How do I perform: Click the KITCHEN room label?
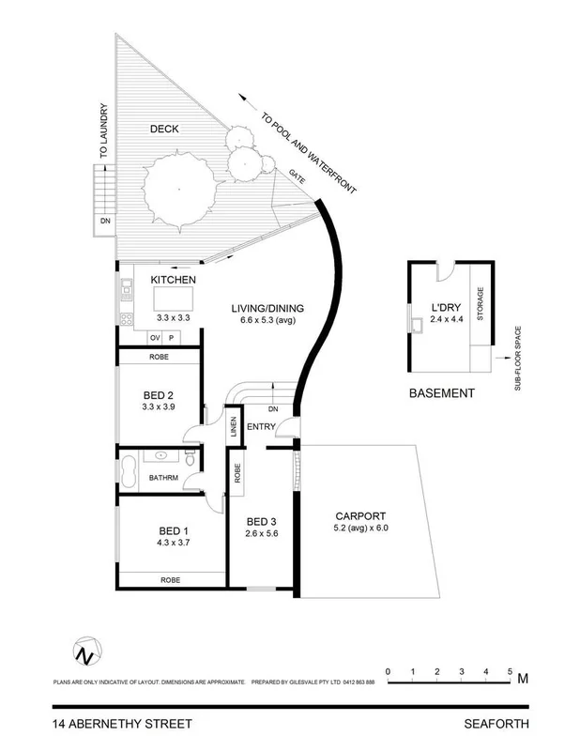pyautogui.click(x=173, y=280)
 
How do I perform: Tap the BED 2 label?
pyautogui.click(x=158, y=394)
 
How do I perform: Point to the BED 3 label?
pyautogui.click(x=263, y=521)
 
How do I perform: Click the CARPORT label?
pyautogui.click(x=360, y=516)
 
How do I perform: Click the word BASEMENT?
pyautogui.click(x=442, y=393)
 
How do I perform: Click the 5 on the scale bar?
pyautogui.click(x=510, y=671)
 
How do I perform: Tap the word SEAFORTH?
pyautogui.click(x=496, y=724)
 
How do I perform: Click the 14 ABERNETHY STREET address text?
pyautogui.click(x=122, y=724)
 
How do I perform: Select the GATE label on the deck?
pyautogui.click(x=298, y=174)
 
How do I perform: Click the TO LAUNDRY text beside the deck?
pyautogui.click(x=107, y=131)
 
